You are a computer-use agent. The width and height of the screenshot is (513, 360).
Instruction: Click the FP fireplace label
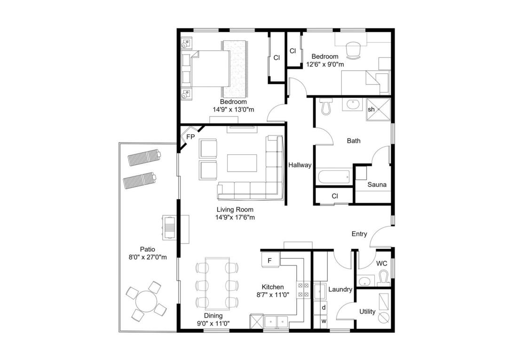190,136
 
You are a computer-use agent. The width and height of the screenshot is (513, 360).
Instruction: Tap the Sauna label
377,185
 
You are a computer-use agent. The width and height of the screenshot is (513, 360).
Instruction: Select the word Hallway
300,166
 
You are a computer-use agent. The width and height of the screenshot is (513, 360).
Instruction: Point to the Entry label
359,234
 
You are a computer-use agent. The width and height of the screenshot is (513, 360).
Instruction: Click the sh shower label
371,109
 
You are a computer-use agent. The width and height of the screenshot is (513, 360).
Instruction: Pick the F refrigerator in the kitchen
271,260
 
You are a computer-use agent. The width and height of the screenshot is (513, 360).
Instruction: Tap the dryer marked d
324,308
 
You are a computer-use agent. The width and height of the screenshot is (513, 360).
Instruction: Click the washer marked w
324,321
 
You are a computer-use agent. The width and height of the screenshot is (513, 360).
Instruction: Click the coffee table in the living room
242,163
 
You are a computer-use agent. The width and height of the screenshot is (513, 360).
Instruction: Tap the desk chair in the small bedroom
353,50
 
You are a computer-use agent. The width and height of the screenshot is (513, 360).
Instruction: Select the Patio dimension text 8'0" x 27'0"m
148,257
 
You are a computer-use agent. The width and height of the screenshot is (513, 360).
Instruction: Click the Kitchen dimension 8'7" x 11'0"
273,295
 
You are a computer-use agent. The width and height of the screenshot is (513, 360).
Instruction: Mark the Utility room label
367,312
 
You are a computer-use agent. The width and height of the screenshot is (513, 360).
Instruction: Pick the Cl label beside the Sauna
335,196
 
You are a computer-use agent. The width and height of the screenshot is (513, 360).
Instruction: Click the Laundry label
340,289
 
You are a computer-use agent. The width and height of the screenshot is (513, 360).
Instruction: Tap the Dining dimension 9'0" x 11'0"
213,324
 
